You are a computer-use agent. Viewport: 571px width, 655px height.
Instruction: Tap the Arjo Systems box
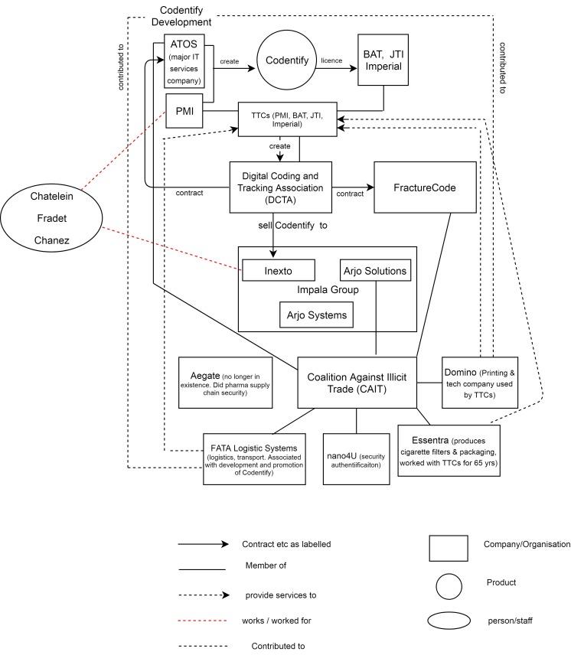pyautogui.click(x=316, y=313)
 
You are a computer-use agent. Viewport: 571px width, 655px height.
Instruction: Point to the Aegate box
pyautogui.click(x=225, y=382)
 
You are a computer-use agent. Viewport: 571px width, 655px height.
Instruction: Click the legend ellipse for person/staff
pyautogui.click(x=449, y=621)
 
